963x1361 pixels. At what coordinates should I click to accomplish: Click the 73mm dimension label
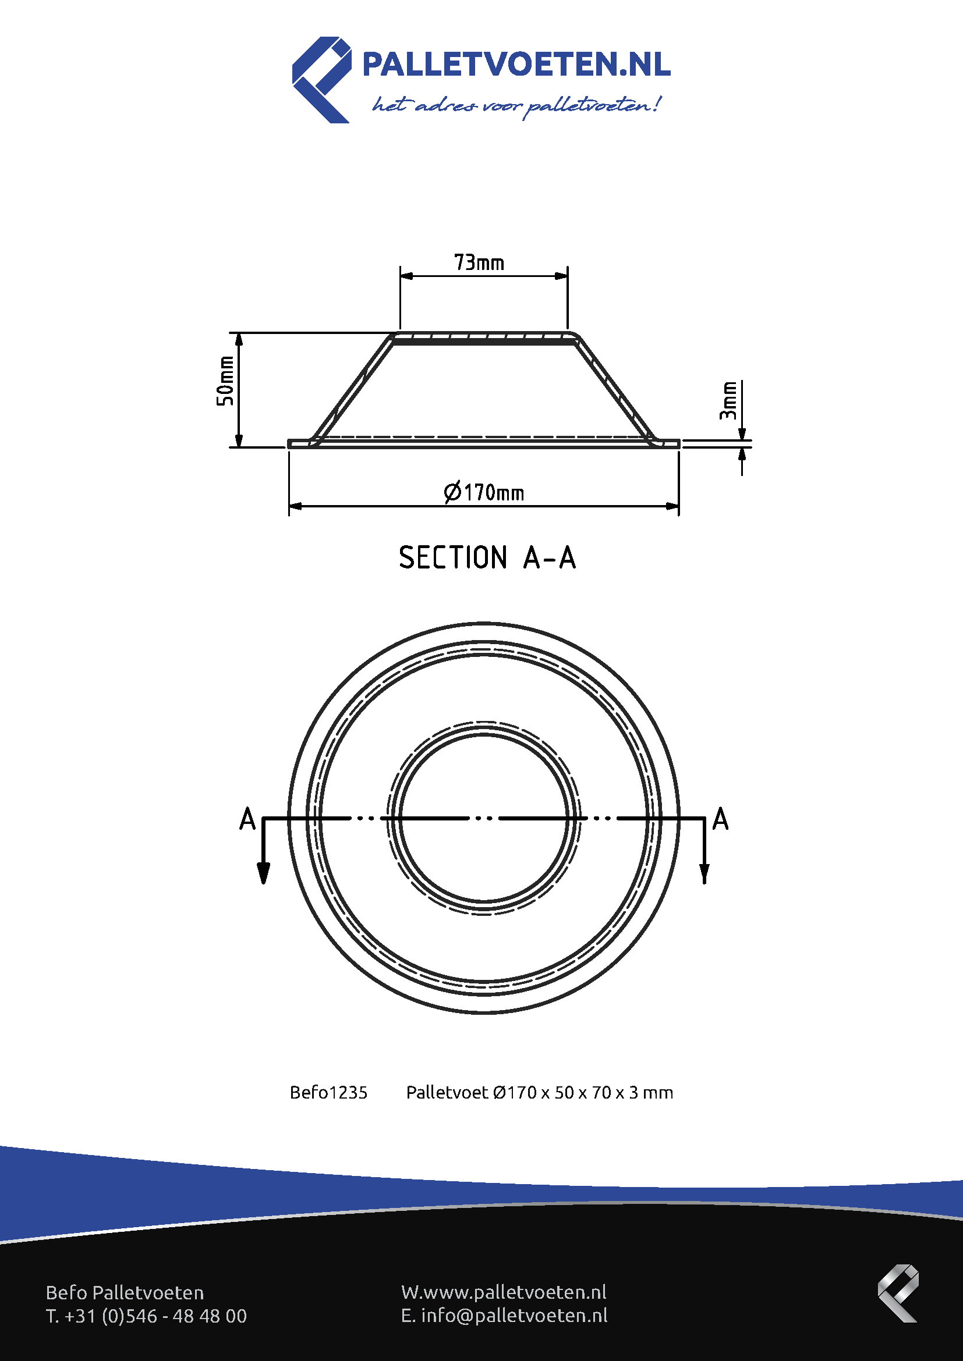click(479, 262)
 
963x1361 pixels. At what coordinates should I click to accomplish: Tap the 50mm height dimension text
click(225, 381)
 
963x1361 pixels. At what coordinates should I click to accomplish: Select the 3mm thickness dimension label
click(728, 401)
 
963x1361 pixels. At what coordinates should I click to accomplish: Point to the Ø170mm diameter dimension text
click(484, 492)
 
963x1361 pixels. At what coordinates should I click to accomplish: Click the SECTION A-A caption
click(487, 558)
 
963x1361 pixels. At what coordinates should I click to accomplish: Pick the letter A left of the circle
click(247, 819)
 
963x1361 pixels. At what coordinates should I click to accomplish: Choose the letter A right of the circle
click(720, 819)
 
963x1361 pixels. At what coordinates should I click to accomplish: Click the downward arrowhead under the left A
click(263, 873)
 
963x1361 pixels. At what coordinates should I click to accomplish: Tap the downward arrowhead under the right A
click(704, 873)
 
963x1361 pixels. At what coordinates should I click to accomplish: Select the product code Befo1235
click(328, 1093)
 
